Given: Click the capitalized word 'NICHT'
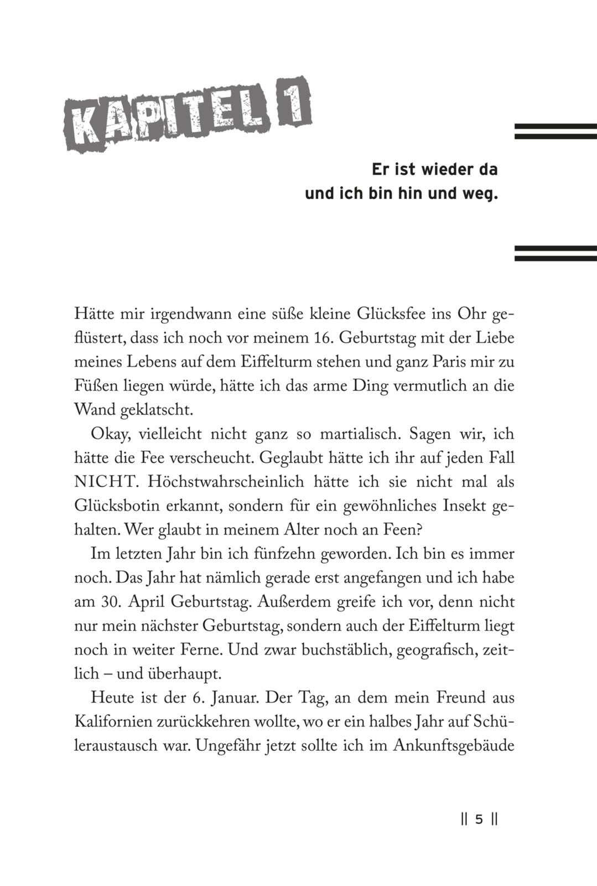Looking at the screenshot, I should [x=105, y=482].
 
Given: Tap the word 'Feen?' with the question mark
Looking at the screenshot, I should [x=403, y=530].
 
